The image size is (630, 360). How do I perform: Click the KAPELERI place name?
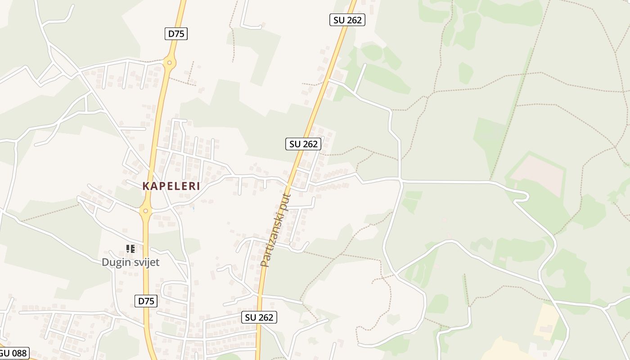click(x=171, y=186)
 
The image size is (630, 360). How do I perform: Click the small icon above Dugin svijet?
click(x=130, y=248)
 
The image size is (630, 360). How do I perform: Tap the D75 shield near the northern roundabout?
click(x=175, y=33)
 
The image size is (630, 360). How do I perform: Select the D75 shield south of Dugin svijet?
click(x=146, y=301)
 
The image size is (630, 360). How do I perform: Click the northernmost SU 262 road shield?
click(x=347, y=20)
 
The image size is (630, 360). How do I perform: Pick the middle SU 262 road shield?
click(x=303, y=144)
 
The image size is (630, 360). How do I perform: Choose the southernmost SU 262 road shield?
click(x=259, y=317)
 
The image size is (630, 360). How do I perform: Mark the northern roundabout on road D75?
click(x=169, y=63)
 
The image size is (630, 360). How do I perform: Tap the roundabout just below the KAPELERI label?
click(x=145, y=211)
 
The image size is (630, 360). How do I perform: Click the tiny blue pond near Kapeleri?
click(x=193, y=208)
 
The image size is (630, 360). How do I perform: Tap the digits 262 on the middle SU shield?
click(x=310, y=144)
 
